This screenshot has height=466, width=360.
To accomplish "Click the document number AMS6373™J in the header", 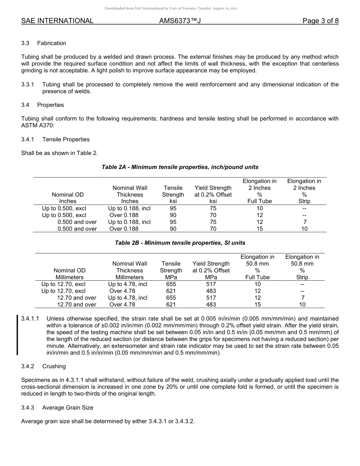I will click(180, 21).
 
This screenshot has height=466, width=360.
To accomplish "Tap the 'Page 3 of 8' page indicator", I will click(320, 21).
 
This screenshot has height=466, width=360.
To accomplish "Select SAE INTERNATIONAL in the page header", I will click(57, 21).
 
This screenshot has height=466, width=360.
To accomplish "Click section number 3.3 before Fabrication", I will click(25, 43).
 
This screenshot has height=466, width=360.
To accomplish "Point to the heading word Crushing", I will click(54, 366).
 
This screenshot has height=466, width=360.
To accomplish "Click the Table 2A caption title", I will click(180, 167).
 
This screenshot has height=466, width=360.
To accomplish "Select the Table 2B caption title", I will click(180, 243).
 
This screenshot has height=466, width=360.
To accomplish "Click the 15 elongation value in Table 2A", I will click(260, 229).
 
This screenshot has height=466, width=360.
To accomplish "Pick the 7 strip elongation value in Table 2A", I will click(305, 222).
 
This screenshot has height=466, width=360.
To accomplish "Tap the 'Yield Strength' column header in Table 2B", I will click(211, 267).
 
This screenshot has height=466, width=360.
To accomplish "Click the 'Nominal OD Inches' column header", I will click(68, 198).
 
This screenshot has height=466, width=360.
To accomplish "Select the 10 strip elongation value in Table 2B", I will click(302, 305).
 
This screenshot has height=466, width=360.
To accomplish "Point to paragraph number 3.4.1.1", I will click(30, 319).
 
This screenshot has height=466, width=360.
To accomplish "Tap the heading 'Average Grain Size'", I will click(68, 408).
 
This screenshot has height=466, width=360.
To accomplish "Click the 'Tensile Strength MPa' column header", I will click(171, 270).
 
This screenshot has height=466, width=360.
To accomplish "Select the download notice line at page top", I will click(180, 8).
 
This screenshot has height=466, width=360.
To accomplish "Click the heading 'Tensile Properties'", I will click(66, 139).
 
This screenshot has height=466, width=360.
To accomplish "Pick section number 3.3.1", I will click(28, 84).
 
